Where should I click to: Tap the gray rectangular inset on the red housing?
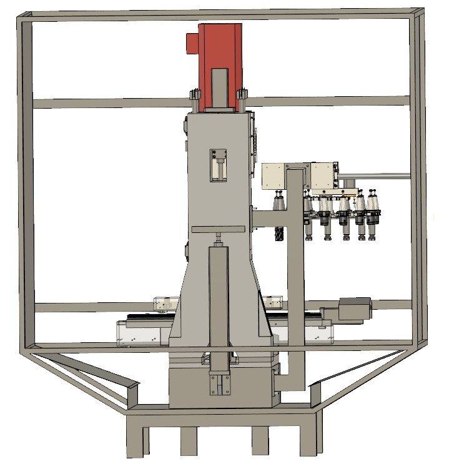(220, 87)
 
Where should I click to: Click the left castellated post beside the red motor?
(195, 101)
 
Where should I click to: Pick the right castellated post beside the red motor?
(242, 101)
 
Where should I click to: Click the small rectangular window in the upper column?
(219, 165)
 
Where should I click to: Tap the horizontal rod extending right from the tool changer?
(375, 175)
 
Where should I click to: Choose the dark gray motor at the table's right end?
(354, 309)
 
